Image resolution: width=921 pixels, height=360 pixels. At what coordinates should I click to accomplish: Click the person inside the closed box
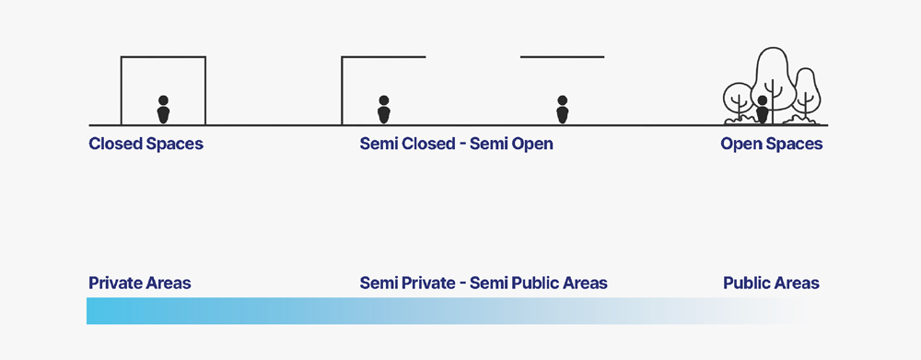pyautogui.click(x=163, y=110)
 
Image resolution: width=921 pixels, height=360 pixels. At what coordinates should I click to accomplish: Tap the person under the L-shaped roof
pyautogui.click(x=383, y=110)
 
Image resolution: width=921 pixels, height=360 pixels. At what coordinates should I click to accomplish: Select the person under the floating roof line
pyautogui.click(x=562, y=110)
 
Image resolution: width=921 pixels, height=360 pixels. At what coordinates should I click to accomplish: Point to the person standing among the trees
pyautogui.click(x=763, y=110)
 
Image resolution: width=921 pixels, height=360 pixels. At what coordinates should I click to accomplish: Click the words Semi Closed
pyautogui.click(x=406, y=144)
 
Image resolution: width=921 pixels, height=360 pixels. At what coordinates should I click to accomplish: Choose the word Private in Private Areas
pyautogui.click(x=113, y=283)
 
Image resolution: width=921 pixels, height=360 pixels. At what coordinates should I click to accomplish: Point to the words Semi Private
pyautogui.click(x=408, y=283)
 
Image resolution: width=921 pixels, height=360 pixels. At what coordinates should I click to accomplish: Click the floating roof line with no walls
pyautogui.click(x=562, y=57)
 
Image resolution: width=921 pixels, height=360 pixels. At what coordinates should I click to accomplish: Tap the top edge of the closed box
pyautogui.click(x=163, y=57)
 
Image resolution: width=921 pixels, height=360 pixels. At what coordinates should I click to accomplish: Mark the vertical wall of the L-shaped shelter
pyautogui.click(x=342, y=91)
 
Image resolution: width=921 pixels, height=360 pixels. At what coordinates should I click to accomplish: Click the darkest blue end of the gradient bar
pyautogui.click(x=91, y=310)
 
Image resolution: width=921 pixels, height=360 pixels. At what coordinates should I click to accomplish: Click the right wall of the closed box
pyautogui.click(x=205, y=91)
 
